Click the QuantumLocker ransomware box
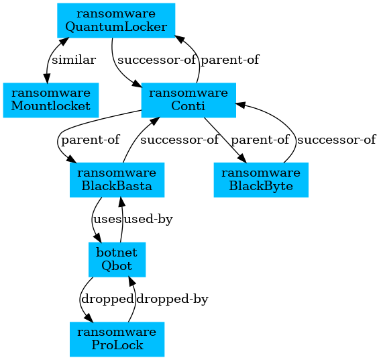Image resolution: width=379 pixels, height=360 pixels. (x=116, y=21)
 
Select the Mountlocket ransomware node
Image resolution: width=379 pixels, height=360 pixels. (x=51, y=100)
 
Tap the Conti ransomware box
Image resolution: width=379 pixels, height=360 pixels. (x=188, y=100)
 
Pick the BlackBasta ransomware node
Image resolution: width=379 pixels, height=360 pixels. (x=117, y=180)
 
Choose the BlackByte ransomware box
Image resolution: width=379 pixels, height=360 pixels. (x=261, y=180)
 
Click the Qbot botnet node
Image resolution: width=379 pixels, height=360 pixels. (x=117, y=259)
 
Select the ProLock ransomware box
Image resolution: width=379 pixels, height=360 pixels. (x=117, y=339)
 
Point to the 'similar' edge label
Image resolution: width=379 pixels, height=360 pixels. (x=74, y=60)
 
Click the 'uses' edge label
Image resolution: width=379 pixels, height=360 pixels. (x=107, y=219)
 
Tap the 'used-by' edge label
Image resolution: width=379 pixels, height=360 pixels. (x=148, y=219)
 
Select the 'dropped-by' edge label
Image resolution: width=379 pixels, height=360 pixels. (x=172, y=299)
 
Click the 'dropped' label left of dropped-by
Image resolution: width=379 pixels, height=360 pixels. (x=107, y=299)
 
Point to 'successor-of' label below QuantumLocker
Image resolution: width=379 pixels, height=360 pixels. (x=156, y=60)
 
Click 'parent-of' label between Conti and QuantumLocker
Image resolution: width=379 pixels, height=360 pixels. (x=230, y=60)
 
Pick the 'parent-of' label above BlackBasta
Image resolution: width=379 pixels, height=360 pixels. (x=91, y=140)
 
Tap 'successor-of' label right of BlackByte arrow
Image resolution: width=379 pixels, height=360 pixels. (x=337, y=140)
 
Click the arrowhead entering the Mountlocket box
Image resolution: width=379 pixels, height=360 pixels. (x=47, y=79)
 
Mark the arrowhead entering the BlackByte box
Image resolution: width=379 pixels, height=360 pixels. (x=242, y=159)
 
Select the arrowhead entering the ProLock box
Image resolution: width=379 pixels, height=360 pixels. (x=89, y=318)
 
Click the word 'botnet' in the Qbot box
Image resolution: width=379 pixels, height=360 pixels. (x=117, y=253)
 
